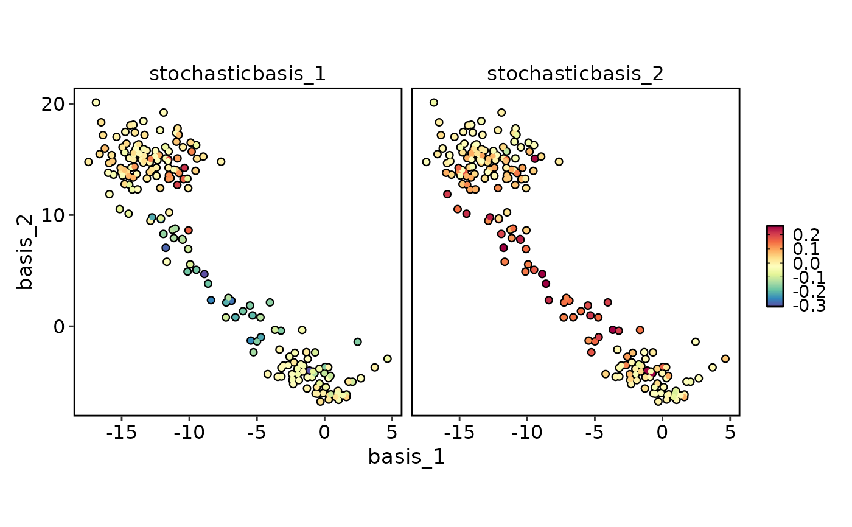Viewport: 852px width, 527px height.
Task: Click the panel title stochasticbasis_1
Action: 237,74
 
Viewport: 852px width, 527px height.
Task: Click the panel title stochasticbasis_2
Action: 575,74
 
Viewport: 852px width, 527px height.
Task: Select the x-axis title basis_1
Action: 406,457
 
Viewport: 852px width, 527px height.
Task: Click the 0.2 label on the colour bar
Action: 806,235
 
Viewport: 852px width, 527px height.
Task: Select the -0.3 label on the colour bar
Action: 809,306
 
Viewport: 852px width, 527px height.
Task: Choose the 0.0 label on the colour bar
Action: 806,263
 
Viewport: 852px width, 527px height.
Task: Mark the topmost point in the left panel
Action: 96,102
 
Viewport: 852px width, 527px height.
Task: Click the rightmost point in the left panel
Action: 388,358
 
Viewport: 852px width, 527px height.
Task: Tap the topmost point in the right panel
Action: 433,102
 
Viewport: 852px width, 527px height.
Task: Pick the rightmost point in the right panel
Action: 725,358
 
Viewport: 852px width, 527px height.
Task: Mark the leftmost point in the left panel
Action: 88,162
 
